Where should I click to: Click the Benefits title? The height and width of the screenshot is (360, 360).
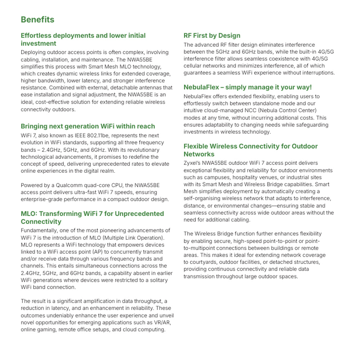tap(37, 19)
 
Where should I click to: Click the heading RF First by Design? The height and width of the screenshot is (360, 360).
tap(212, 36)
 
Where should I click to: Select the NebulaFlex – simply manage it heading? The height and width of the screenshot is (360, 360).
tap(247, 87)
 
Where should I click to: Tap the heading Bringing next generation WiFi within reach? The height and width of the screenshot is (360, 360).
tap(88, 126)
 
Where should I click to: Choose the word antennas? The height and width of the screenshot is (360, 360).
tap(150, 87)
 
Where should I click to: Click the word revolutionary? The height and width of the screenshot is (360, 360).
tap(134, 150)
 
